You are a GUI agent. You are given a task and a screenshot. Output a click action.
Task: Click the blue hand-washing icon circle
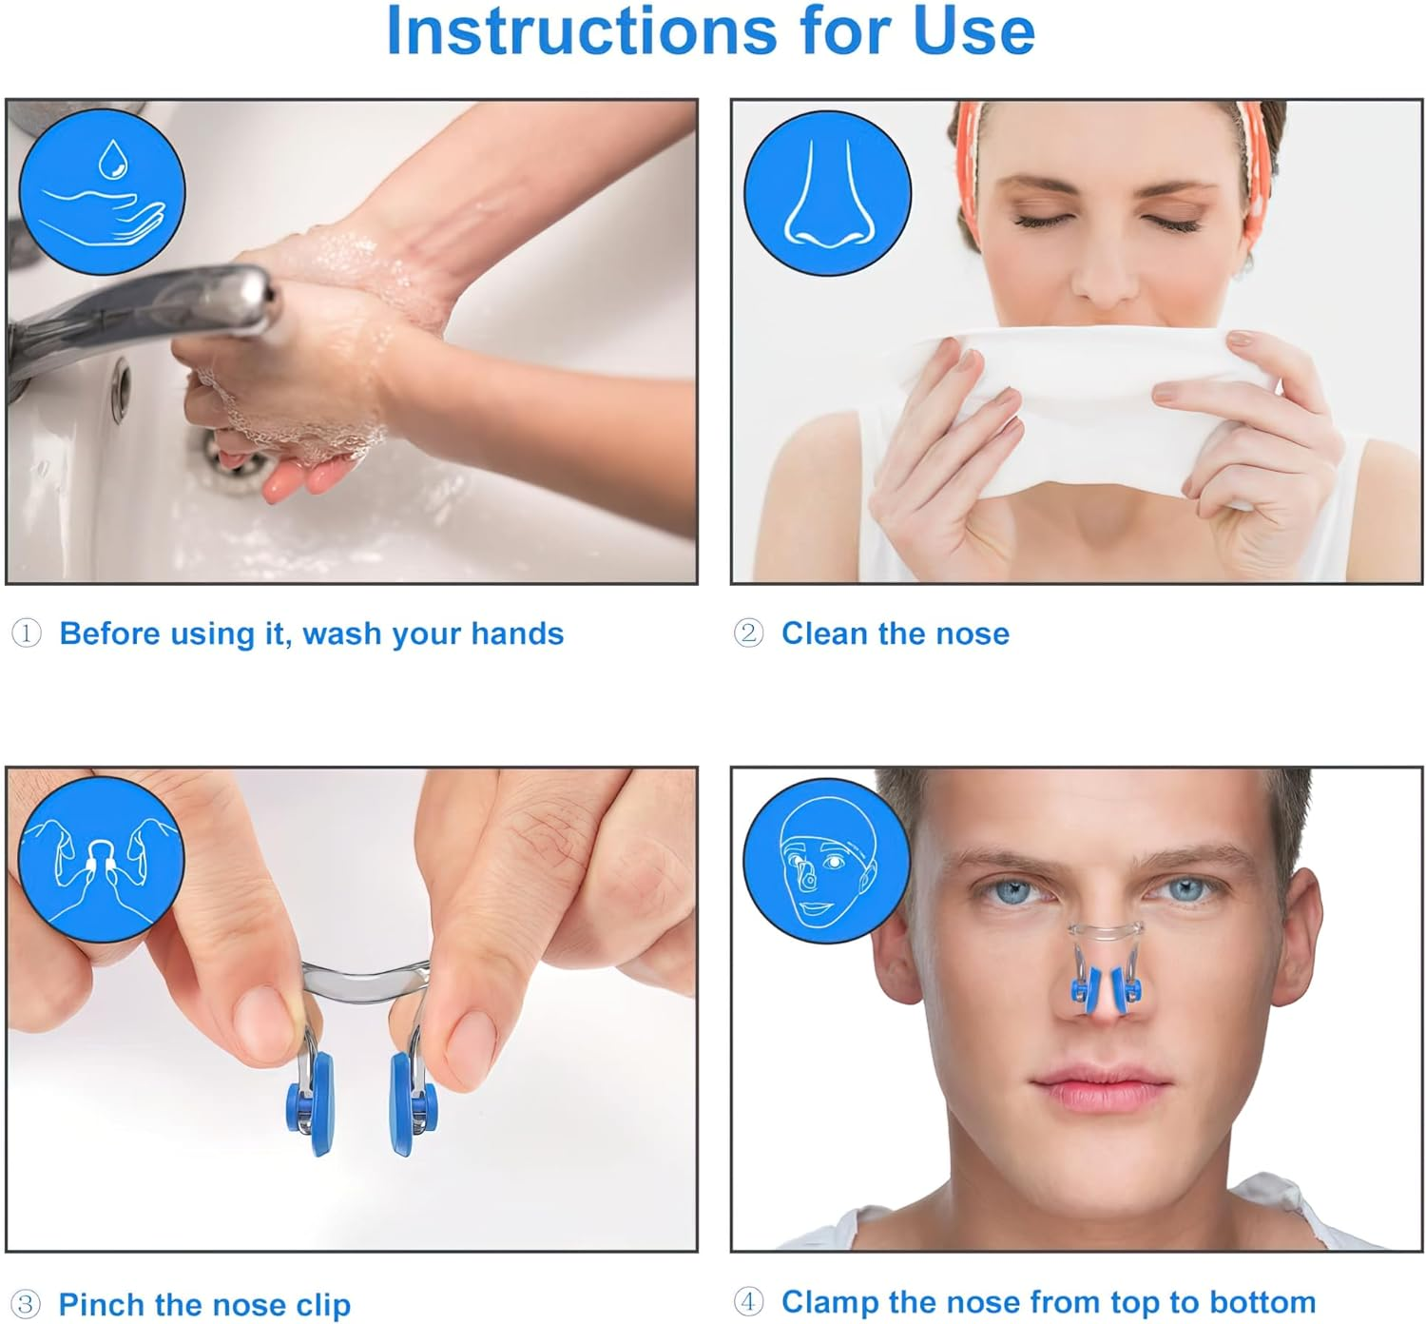point(101,192)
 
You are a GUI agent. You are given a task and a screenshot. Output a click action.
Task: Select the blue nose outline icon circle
point(827,192)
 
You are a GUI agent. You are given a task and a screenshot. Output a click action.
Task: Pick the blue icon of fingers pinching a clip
point(101,859)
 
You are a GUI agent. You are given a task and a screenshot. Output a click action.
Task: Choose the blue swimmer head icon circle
point(827,861)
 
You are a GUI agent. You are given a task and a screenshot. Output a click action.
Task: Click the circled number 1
point(27,633)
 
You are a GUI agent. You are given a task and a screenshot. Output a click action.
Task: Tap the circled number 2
point(748,633)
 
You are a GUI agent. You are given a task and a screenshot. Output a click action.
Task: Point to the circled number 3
point(26,1304)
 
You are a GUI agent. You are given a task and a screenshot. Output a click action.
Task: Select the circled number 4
point(748,1301)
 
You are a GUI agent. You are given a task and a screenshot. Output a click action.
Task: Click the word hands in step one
point(517,633)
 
